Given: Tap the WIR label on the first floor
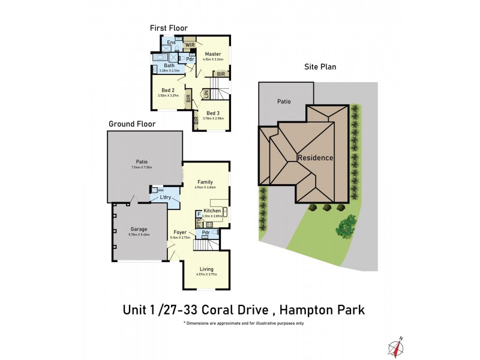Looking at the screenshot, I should (190, 45).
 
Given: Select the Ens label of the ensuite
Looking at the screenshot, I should (171, 43).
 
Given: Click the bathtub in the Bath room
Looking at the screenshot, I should (160, 58).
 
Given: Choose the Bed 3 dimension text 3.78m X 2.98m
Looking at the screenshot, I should (212, 118).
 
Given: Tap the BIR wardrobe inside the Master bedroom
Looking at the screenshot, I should (221, 73).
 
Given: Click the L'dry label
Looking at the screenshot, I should (166, 198).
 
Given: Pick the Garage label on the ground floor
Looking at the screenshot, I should (139, 229).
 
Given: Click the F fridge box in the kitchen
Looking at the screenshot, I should (199, 214).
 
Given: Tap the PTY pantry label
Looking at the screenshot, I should (199, 223).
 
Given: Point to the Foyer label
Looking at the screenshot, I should (180, 232).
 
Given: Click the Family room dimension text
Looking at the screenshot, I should (205, 188).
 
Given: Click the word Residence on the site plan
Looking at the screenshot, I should (316, 158).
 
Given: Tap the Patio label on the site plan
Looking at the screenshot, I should (284, 101).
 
